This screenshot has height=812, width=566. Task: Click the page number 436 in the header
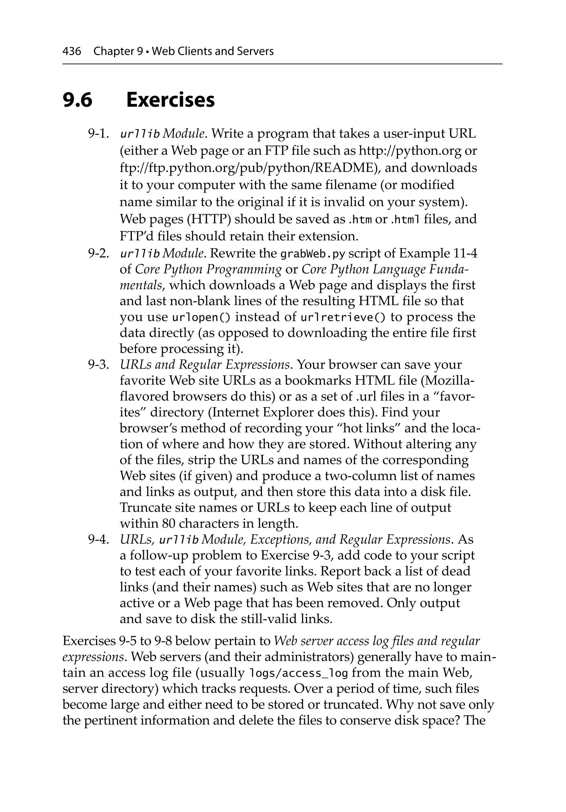tap(72, 52)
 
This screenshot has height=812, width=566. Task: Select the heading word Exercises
tap(171, 100)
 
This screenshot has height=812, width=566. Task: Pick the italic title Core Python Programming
tap(209, 269)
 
